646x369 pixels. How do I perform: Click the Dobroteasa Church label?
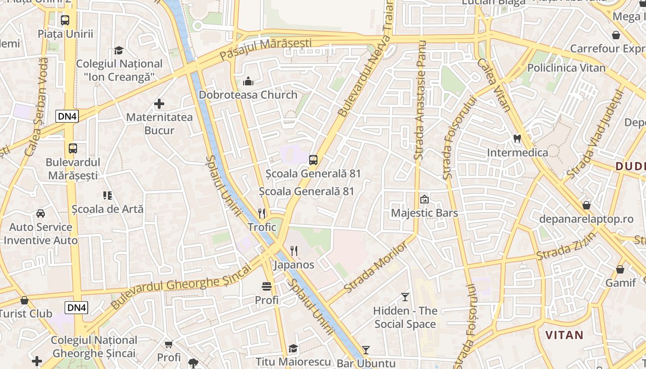[x=248, y=95]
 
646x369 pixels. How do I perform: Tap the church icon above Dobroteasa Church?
[x=248, y=82]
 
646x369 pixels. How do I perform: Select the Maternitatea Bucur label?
[x=159, y=124]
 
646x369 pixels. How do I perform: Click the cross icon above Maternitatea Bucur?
[x=159, y=104]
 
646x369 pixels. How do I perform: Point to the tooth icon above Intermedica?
[x=517, y=138]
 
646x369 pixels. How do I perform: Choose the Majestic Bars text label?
[x=424, y=213]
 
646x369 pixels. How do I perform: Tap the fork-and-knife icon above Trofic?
[x=262, y=213]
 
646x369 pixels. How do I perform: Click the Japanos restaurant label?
[x=294, y=265]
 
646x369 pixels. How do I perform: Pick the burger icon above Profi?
[x=267, y=286]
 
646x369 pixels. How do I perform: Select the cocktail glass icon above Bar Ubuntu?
[x=366, y=350]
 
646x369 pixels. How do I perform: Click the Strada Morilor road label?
[x=376, y=268]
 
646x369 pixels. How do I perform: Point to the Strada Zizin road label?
[x=566, y=246]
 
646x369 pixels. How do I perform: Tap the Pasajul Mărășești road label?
[x=265, y=49]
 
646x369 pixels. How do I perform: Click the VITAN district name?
[x=564, y=335]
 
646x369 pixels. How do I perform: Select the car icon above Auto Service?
[x=41, y=214]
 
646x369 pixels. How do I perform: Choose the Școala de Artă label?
[x=108, y=209]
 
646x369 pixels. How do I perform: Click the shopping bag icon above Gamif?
[x=621, y=269]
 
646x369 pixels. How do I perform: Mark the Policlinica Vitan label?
[x=566, y=68]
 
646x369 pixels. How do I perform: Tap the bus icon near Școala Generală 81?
[x=313, y=160]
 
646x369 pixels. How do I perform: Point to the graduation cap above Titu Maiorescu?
[x=293, y=348]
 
